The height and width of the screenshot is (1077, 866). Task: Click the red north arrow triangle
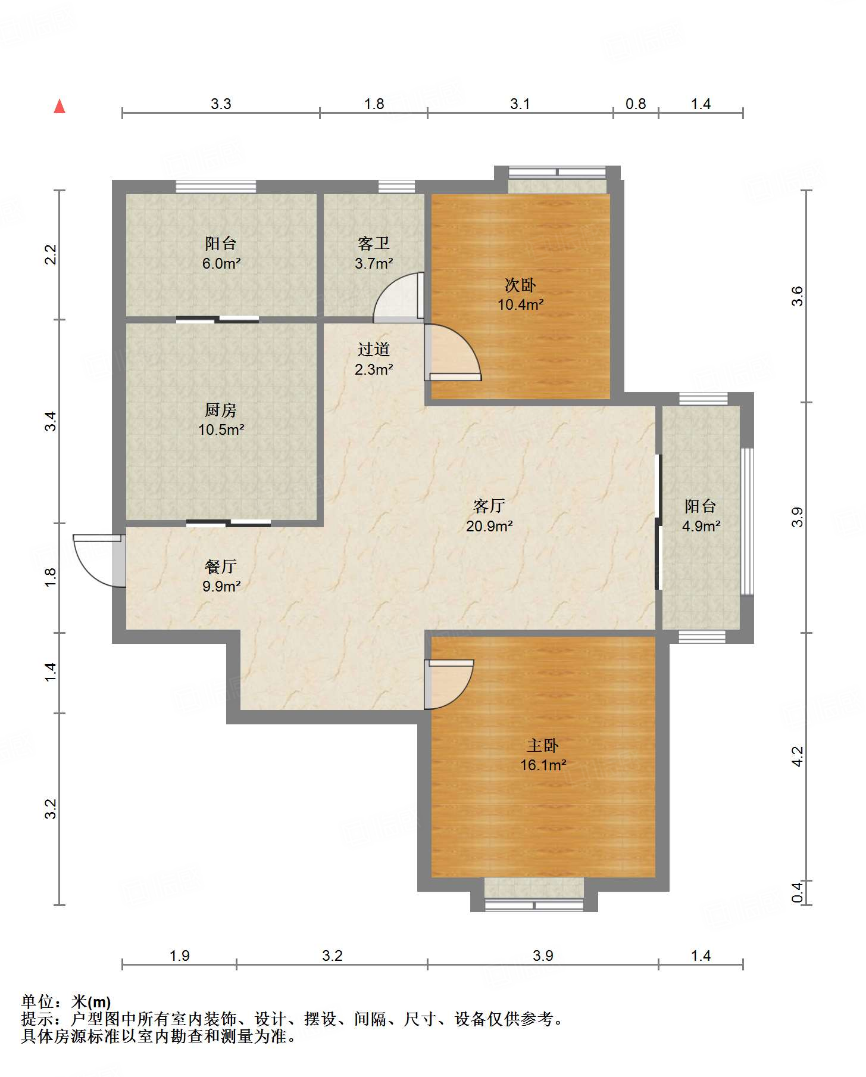[60, 107]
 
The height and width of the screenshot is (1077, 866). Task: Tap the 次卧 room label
[520, 285]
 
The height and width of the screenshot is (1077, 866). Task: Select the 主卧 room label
[543, 745]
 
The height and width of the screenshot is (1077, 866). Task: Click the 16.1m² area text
[543, 765]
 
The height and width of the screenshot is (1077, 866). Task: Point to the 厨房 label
[221, 410]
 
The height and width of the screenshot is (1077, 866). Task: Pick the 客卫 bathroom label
[374, 243]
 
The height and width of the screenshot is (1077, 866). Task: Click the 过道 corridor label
[374, 349]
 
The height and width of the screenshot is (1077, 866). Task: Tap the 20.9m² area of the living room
[489, 526]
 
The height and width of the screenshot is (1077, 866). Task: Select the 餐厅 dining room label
[221, 566]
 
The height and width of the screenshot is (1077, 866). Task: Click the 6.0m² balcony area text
[221, 263]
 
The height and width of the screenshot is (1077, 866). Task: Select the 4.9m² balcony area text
[701, 526]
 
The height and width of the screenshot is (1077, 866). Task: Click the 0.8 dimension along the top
[636, 104]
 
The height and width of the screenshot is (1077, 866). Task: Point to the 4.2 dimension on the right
[798, 757]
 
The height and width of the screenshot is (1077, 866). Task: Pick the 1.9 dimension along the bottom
[179, 956]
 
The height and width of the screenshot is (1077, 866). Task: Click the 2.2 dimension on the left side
[51, 255]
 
